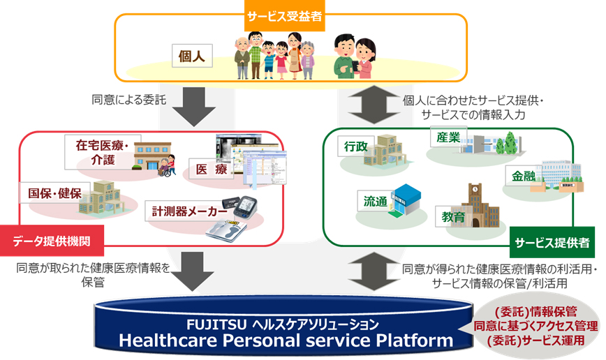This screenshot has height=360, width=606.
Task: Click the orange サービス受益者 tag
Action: (x=283, y=16)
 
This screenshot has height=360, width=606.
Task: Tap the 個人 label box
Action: (x=192, y=56)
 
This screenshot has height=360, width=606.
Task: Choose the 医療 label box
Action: (x=212, y=169)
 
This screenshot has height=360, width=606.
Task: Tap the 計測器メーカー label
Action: (x=185, y=211)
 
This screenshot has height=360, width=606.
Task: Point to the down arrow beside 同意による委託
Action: (x=191, y=103)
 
